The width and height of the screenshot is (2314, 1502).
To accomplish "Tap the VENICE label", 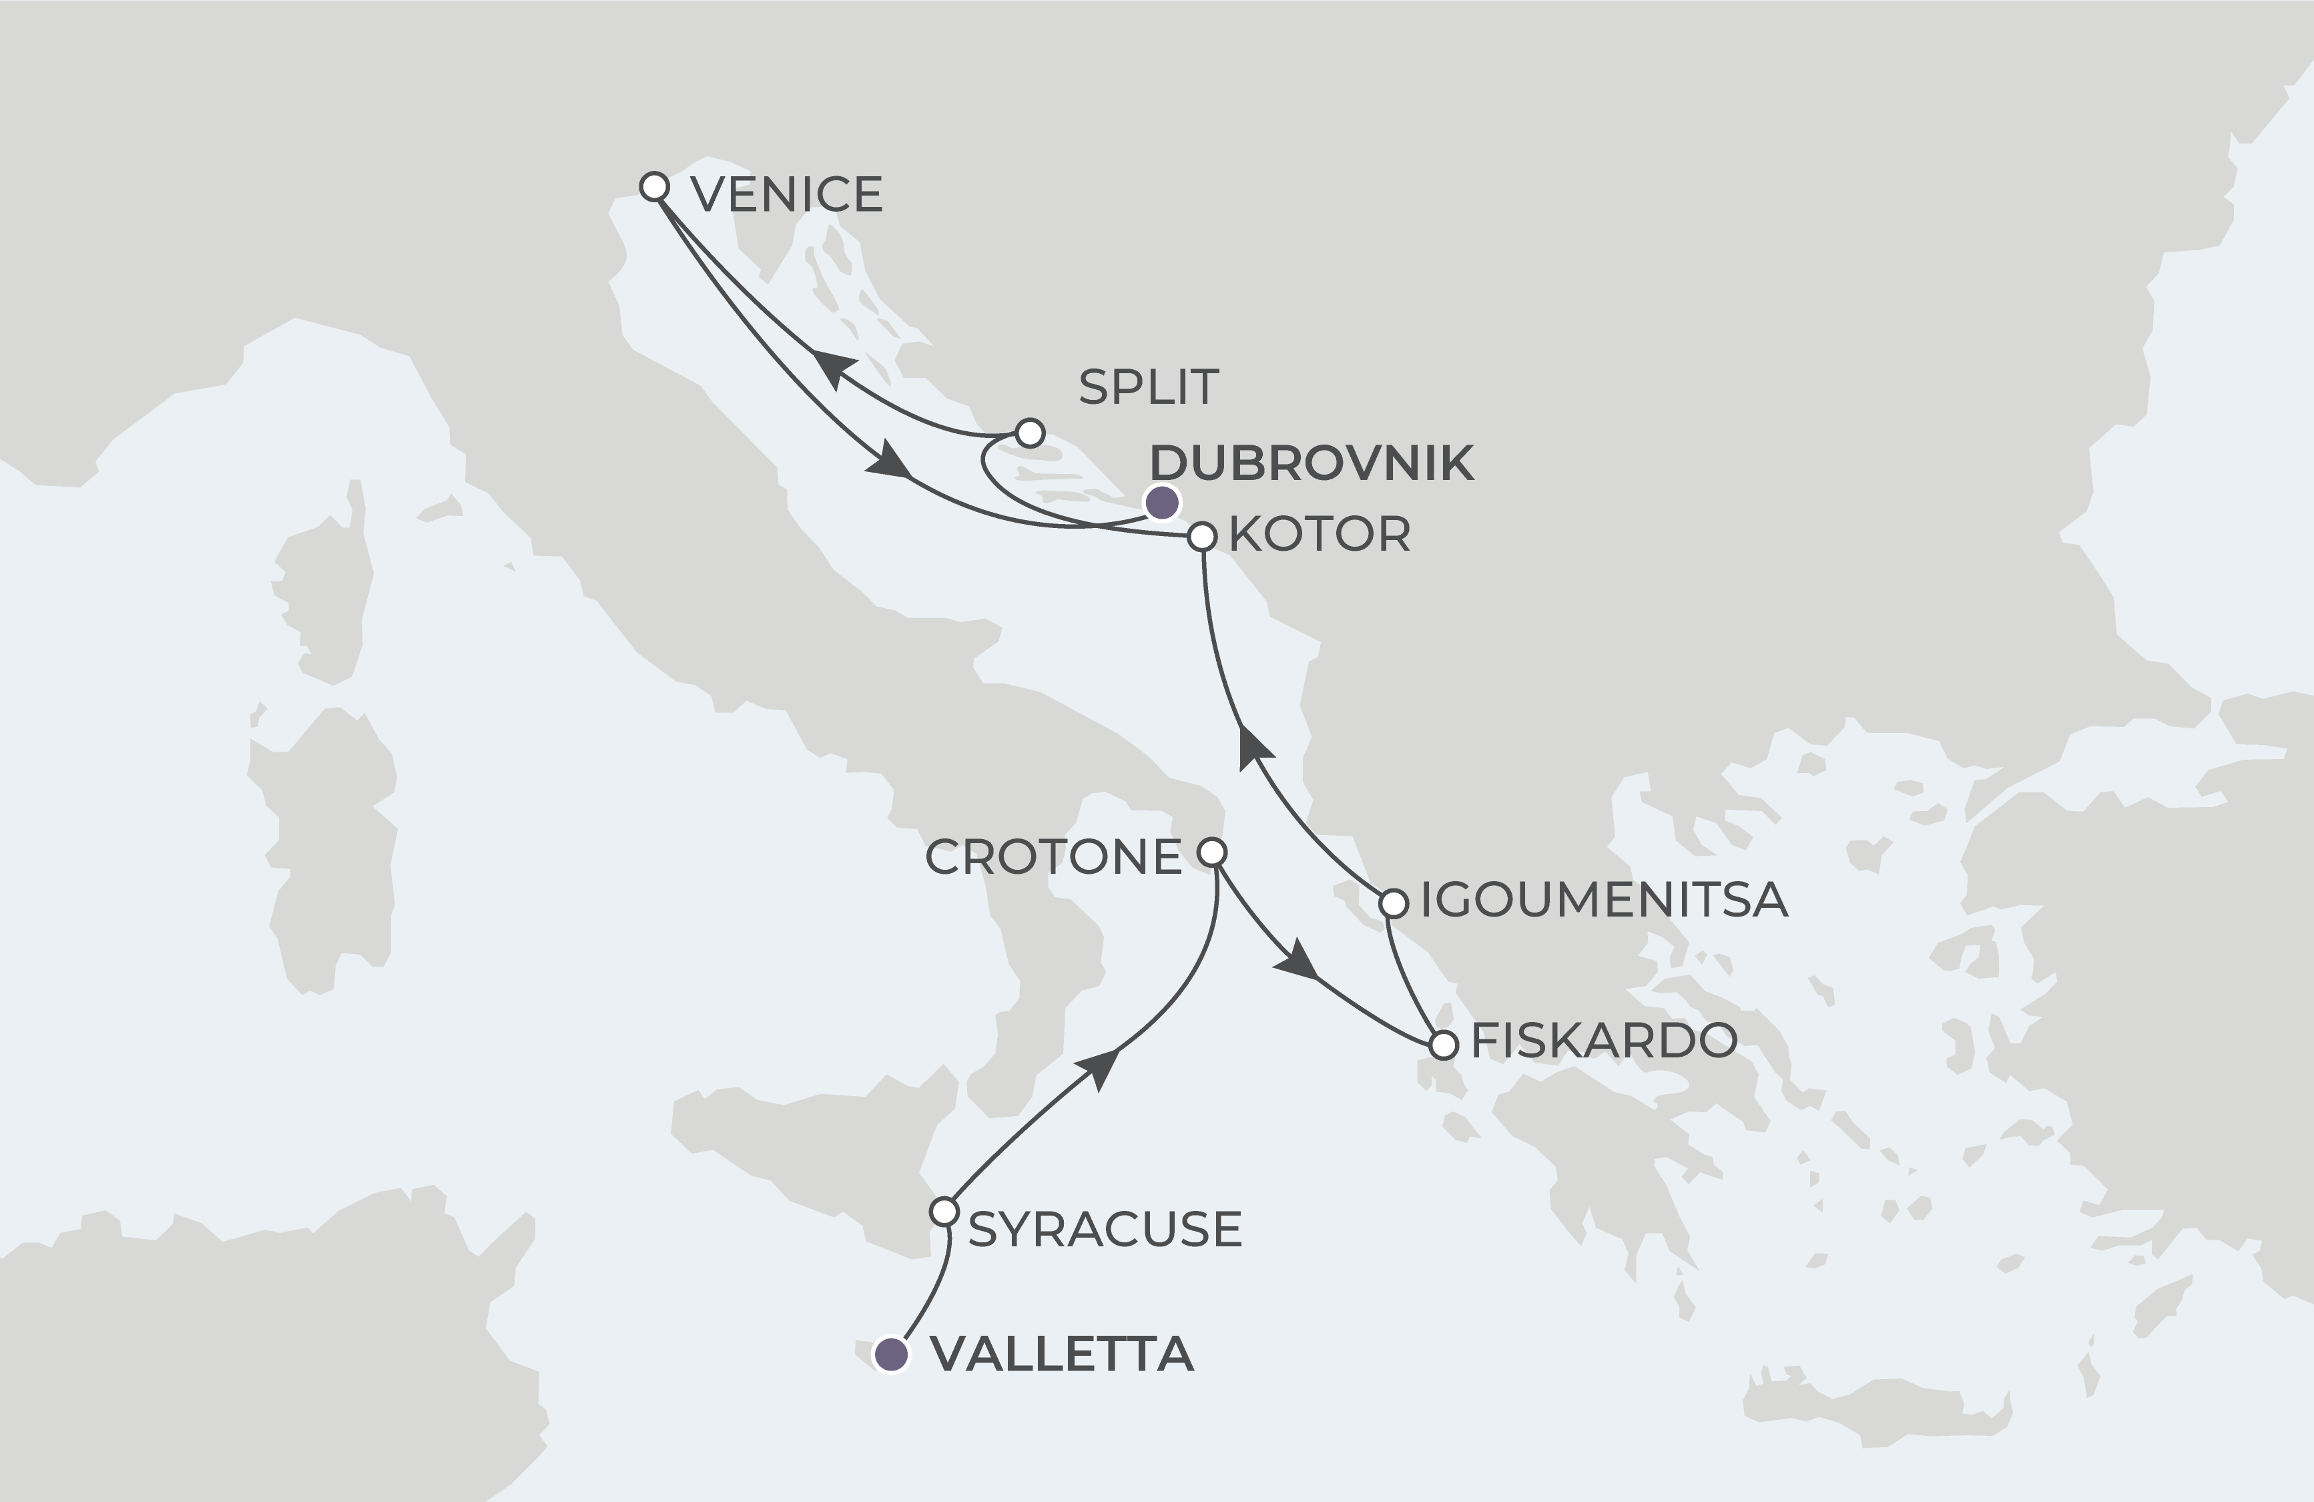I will pos(786,194).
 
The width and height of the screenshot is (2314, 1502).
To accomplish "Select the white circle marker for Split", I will pos(1030,432).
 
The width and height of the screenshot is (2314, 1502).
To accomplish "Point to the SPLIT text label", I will pos(1148,388).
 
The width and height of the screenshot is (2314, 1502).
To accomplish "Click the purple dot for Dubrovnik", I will pos(1162,503).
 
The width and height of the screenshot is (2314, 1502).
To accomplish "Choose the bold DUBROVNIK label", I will pos(1312,464).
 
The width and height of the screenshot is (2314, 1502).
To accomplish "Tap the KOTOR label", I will pos(1320,535).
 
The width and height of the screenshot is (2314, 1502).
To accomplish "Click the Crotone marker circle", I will pos(1211,852).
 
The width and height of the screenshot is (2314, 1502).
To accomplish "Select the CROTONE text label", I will pos(1053,857).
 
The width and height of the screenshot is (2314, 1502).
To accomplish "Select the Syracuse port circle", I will pos(943,1212).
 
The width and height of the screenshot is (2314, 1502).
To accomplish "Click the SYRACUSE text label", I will pos(1105,1230).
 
